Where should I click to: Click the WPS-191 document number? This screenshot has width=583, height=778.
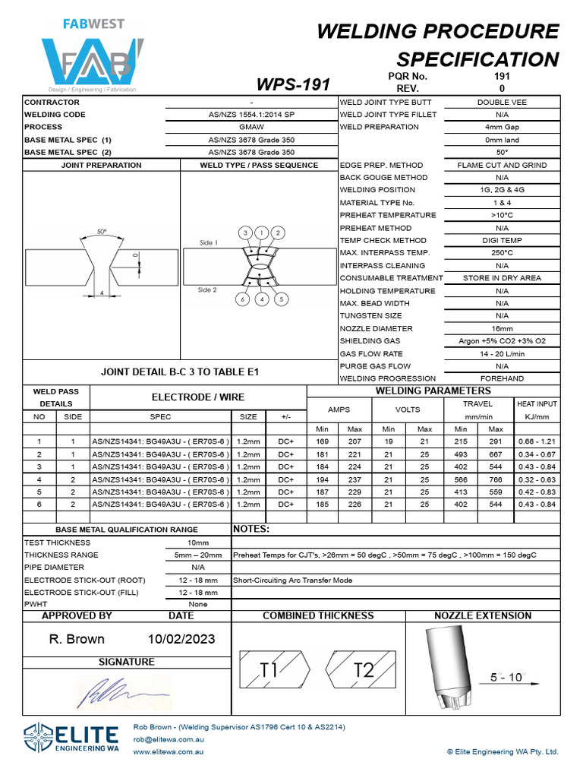coord(294,84)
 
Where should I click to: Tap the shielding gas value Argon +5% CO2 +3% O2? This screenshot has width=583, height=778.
coord(502,341)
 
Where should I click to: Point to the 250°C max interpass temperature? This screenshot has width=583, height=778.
coord(502,253)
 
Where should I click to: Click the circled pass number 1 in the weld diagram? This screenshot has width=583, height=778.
coord(261,232)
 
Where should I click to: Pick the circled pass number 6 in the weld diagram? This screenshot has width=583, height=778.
coord(243,299)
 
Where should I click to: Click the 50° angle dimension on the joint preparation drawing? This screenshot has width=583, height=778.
coord(102,232)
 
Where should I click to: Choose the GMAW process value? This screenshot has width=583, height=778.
coord(251,127)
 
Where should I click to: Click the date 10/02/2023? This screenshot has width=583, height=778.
coord(181,639)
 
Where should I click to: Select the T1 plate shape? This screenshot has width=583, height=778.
coord(273,669)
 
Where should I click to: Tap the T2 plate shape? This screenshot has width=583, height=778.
coord(360,669)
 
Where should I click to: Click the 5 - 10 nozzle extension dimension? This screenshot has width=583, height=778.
coord(506,677)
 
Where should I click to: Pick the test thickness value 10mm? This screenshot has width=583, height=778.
coord(197,542)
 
